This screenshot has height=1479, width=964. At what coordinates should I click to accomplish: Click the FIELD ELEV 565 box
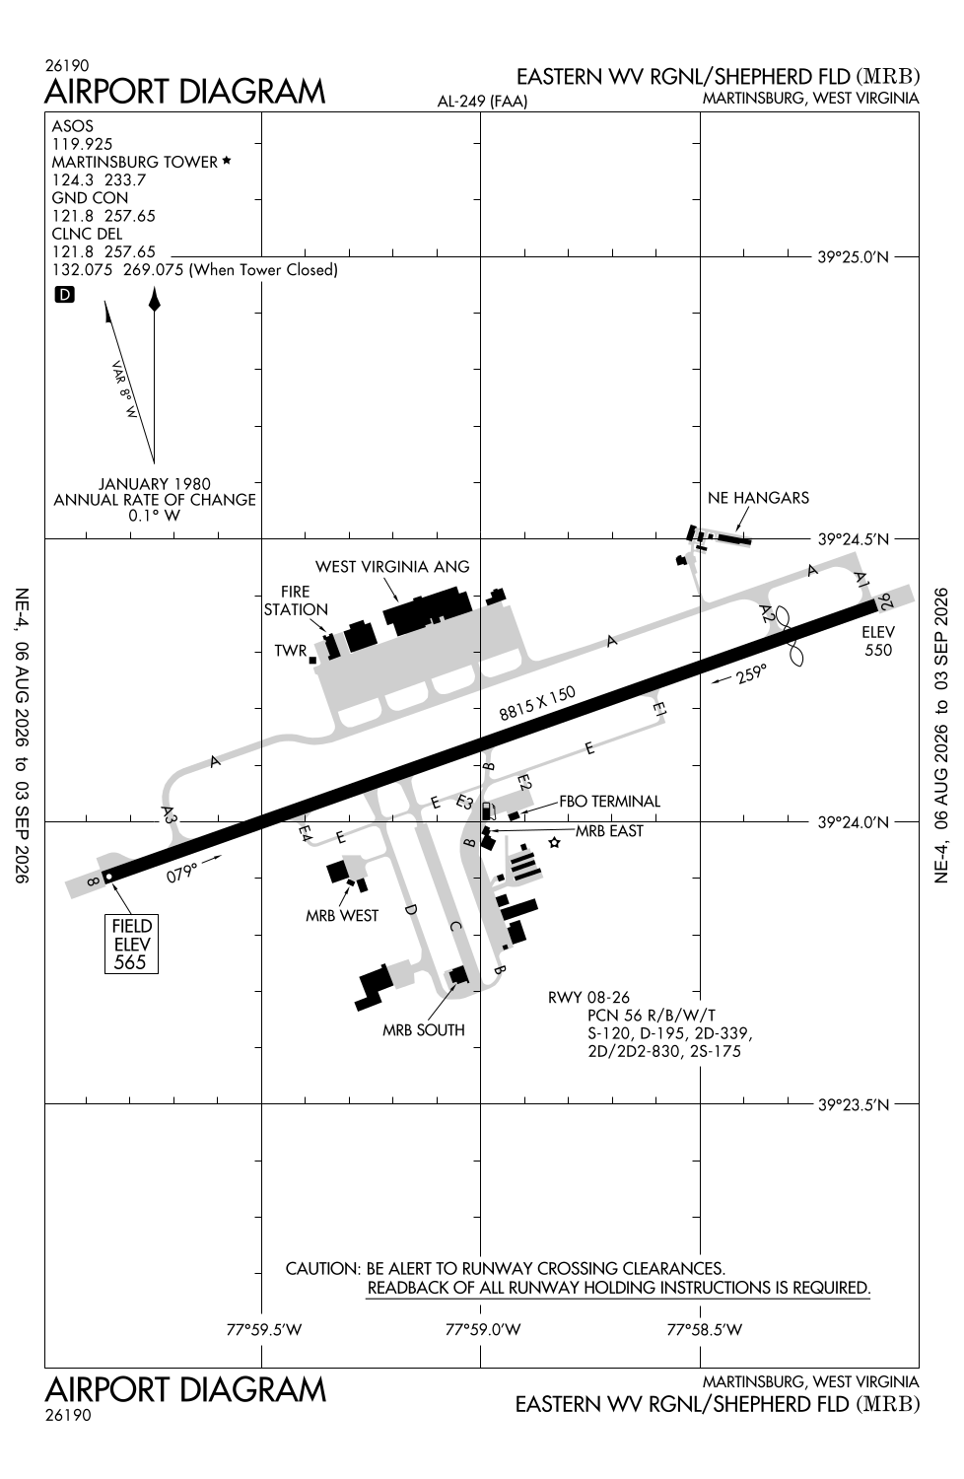click(131, 945)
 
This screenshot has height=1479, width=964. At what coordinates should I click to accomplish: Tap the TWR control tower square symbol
click(312, 660)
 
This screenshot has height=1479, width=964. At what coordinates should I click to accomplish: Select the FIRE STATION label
click(295, 600)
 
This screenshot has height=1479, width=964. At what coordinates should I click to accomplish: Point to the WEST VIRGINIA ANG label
click(392, 567)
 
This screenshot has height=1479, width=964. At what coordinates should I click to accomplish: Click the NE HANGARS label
click(758, 498)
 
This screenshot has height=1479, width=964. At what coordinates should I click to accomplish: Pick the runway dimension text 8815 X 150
click(537, 703)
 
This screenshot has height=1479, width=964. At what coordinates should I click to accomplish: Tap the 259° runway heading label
click(752, 673)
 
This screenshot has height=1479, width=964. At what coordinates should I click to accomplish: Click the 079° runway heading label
click(181, 873)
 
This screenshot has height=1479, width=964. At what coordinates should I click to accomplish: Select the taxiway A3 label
click(169, 814)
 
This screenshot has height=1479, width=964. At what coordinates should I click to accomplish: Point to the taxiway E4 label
click(305, 832)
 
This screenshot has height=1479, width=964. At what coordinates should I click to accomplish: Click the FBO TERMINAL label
click(609, 801)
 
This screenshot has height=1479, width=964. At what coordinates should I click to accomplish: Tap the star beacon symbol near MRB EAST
click(555, 842)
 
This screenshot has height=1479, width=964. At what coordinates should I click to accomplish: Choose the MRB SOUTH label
click(423, 1030)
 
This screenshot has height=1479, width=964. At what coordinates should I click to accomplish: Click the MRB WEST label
click(342, 916)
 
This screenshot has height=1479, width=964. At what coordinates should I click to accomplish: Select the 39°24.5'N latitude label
click(853, 539)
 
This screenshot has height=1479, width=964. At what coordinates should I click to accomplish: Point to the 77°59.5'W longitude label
click(263, 1329)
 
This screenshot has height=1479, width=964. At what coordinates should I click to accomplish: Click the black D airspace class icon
click(65, 295)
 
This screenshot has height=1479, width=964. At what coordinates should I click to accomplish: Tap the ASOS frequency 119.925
click(83, 144)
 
